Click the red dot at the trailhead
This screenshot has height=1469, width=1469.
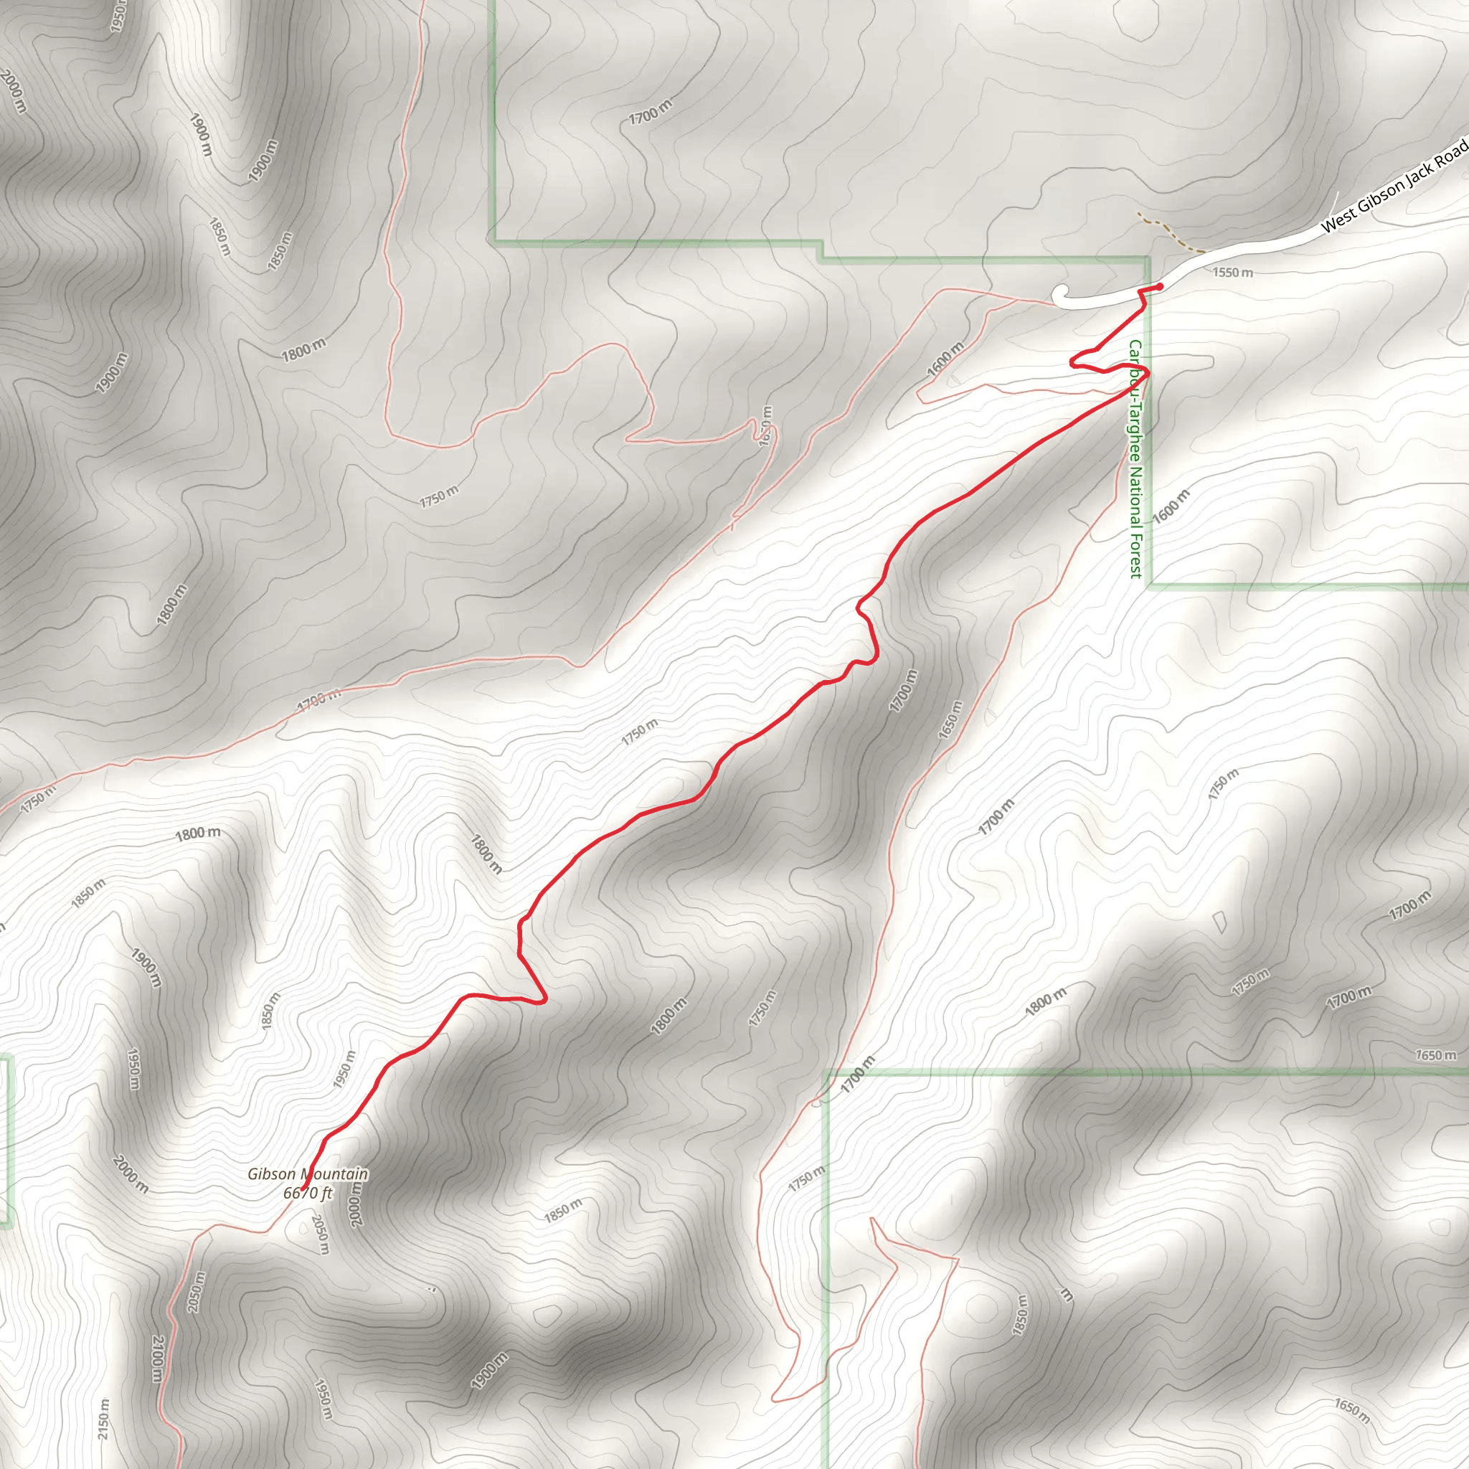click(1159, 287)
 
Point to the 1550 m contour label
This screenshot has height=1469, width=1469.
click(1232, 272)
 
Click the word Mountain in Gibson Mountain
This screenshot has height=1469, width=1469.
click(334, 1175)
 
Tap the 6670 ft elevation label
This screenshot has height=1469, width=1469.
click(307, 1193)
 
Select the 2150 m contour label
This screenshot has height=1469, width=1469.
click(103, 1419)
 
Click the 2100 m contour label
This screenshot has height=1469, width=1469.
click(156, 1359)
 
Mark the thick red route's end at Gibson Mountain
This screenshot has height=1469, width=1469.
click(303, 1188)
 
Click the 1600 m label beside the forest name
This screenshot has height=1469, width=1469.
click(1171, 507)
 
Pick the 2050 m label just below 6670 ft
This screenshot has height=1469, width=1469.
click(320, 1233)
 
